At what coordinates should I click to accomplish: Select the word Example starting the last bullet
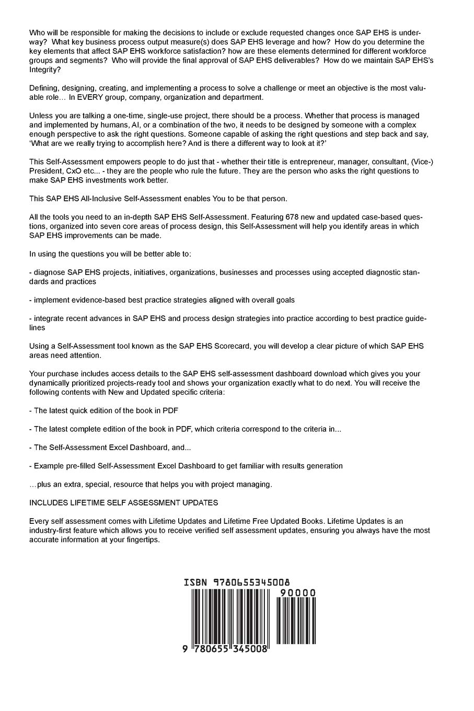pyautogui.click(x=49, y=466)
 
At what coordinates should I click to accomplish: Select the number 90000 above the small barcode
pyautogui.click(x=298, y=593)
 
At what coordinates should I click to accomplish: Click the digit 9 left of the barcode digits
pyautogui.click(x=186, y=649)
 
